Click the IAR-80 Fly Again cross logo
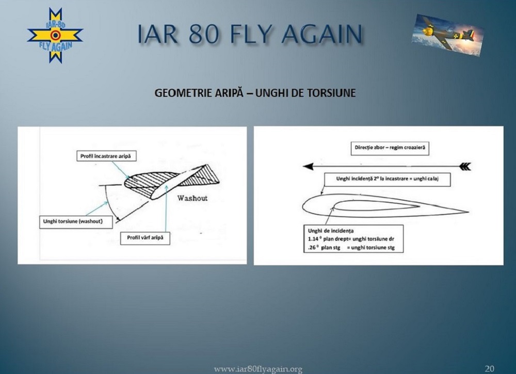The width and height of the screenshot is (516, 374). [55, 36]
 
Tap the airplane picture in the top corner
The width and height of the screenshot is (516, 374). [447, 35]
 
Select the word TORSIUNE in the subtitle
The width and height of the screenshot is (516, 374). [331, 93]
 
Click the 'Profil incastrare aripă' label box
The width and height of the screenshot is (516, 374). [106, 156]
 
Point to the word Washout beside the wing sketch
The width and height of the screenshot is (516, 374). [192, 198]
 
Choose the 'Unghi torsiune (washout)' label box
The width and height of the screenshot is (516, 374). [76, 222]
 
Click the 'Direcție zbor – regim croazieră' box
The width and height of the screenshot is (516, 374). [390, 148]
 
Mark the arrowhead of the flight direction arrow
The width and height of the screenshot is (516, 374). [308, 167]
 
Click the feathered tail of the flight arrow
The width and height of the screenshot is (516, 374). [464, 167]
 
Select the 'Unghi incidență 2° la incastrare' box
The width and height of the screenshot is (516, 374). [388, 180]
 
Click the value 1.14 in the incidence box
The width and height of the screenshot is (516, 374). [313, 239]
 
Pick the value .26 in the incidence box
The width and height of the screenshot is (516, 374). [311, 248]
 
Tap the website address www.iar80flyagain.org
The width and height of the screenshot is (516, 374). [258, 369]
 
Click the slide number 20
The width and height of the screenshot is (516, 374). [489, 368]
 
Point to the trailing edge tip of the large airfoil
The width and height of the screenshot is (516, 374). [468, 212]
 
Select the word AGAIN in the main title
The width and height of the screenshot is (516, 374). [322, 34]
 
